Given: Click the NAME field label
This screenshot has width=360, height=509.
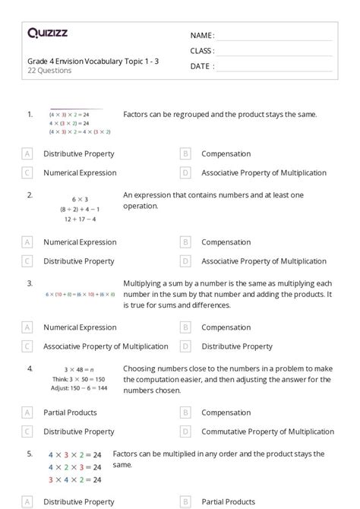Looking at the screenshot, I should [x=202, y=36].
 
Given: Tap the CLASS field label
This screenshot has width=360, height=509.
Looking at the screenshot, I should [x=202, y=51].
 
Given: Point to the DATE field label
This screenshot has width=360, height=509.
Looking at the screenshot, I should [x=201, y=66].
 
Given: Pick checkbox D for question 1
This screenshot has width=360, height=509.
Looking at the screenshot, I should [x=185, y=172].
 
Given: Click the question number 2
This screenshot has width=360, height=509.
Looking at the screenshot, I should [x=30, y=195].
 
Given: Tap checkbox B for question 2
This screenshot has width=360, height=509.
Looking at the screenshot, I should [x=185, y=242].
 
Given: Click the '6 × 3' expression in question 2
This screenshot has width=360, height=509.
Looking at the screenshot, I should [x=80, y=199].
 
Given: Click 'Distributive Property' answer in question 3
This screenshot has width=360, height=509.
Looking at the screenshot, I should [x=237, y=346].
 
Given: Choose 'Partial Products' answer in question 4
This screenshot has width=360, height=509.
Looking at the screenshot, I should [x=71, y=413].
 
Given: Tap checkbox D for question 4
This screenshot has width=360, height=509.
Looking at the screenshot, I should [x=185, y=432].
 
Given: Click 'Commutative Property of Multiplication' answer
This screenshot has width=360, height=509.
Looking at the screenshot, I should [x=267, y=432].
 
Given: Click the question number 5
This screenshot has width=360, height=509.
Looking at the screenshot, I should [x=30, y=454].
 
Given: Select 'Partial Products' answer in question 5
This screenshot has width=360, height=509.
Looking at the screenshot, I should [x=228, y=501].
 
